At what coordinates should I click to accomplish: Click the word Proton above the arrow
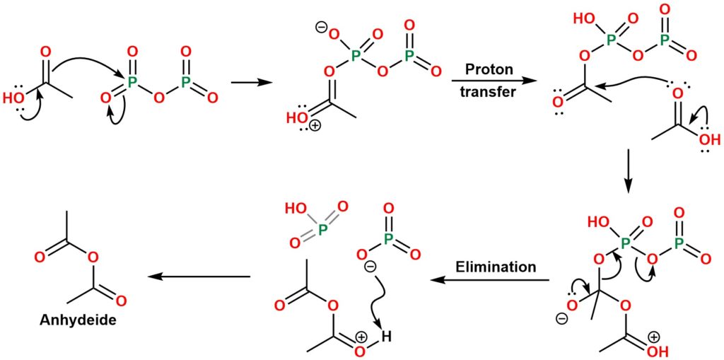489,69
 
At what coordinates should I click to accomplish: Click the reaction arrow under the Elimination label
491,281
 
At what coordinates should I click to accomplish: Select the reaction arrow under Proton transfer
489,81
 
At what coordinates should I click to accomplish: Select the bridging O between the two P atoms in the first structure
159,95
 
